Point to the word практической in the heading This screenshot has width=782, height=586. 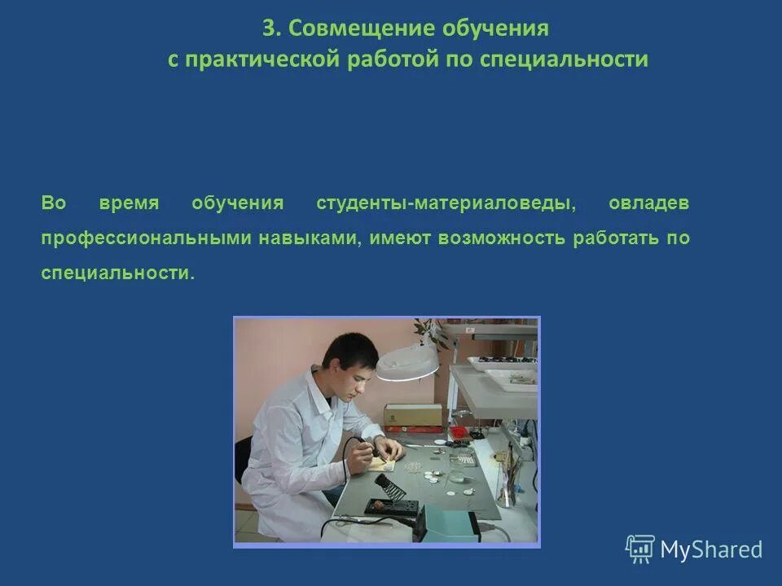(259, 60)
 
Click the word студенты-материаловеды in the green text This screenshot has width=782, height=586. (446, 203)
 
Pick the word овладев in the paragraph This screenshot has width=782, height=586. (648, 203)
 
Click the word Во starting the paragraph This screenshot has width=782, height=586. (53, 203)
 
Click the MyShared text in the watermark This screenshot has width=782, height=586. (711, 549)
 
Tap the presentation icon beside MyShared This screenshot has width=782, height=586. (640, 549)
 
